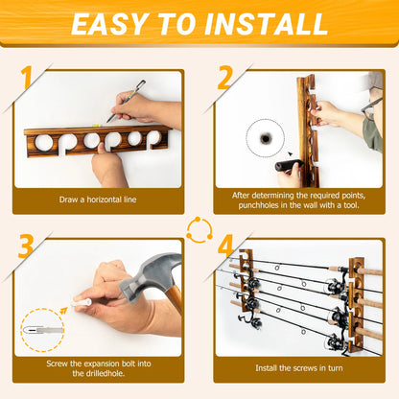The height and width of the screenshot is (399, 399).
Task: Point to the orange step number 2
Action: [223, 78]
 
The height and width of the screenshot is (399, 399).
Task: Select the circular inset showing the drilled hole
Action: [263, 138]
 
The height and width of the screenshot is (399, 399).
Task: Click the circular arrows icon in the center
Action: [199, 231]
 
